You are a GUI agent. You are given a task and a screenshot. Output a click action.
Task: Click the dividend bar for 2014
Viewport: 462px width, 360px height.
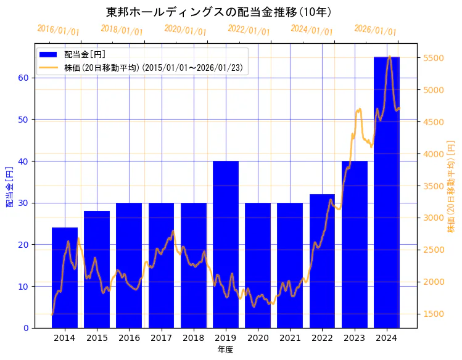[x=65, y=277]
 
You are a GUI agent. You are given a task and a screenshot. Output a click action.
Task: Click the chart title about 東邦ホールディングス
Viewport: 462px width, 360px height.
[x=219, y=12]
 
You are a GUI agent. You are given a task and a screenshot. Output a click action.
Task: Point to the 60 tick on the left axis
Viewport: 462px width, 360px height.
[x=23, y=78]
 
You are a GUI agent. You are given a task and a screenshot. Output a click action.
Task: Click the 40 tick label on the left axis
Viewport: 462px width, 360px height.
[x=23, y=162]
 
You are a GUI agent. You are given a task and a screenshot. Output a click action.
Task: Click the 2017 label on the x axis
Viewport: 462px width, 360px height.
[x=161, y=338]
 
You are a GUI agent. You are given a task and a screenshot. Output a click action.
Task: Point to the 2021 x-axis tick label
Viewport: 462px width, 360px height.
[x=290, y=338]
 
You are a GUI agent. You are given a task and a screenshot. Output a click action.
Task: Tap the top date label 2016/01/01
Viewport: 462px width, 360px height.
[x=58, y=30]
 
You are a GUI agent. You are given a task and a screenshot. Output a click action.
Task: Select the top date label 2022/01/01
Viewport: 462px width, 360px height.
[x=249, y=30]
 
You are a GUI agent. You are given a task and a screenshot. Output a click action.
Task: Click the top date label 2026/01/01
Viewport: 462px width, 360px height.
[x=375, y=30]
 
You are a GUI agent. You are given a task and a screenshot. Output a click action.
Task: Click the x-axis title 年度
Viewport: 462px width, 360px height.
[x=225, y=350]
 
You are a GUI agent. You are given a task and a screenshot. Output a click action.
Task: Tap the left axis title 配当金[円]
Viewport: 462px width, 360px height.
[x=9, y=186]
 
